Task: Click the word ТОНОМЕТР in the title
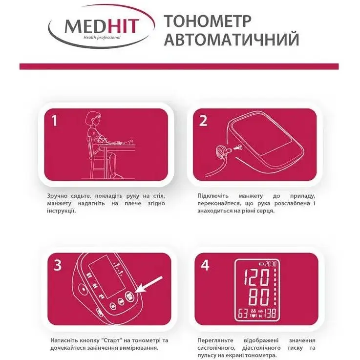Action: pyautogui.click(x=207, y=21)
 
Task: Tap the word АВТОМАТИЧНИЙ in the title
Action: pyautogui.click(x=231, y=40)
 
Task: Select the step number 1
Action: pyautogui.click(x=55, y=121)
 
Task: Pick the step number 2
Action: pyautogui.click(x=203, y=121)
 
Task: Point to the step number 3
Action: pyautogui.click(x=58, y=265)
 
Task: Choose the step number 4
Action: pyautogui.click(x=205, y=265)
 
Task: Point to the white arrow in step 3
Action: pyautogui.click(x=149, y=287)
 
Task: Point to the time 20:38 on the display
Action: pyautogui.click(x=272, y=263)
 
